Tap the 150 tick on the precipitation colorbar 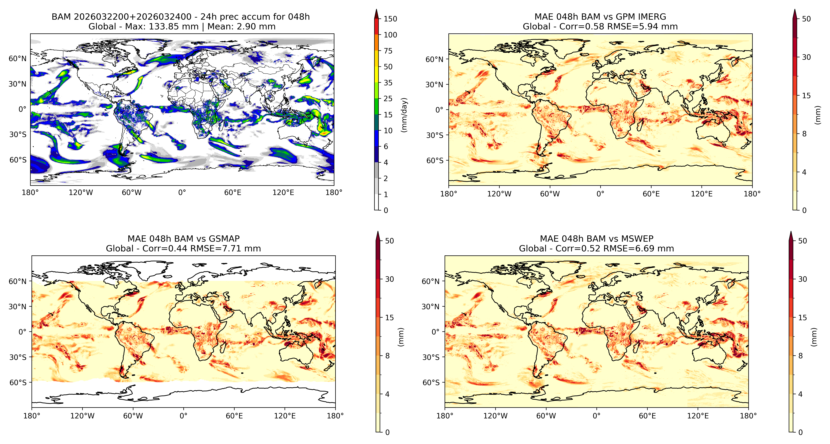[x=390, y=19]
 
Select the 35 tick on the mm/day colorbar [x=388, y=83]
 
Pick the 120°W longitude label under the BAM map [x=81, y=193]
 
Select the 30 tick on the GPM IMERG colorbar [x=806, y=57]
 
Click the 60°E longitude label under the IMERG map [x=651, y=194]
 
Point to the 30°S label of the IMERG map [x=435, y=135]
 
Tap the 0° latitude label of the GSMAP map [x=23, y=332]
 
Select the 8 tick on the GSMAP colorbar [x=387, y=356]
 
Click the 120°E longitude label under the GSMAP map [x=285, y=416]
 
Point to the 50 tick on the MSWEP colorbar [x=802, y=241]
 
